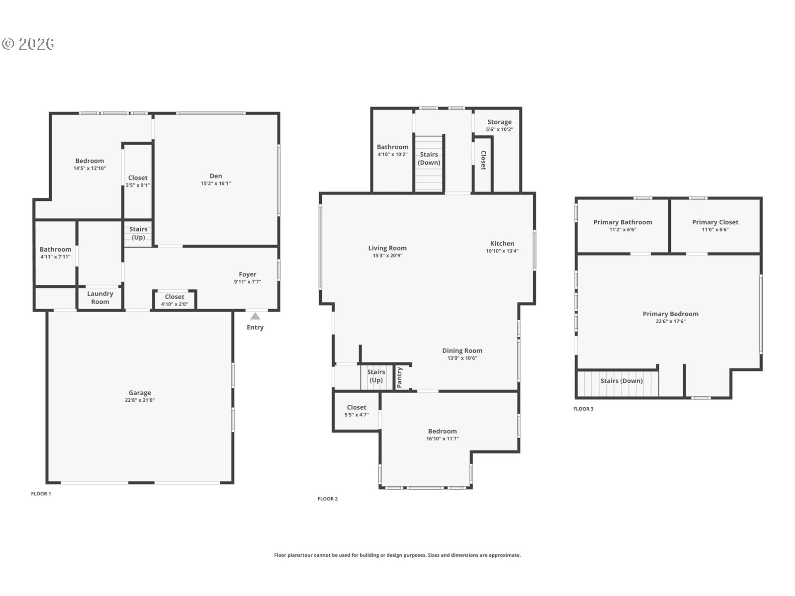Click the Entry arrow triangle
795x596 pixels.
click(x=255, y=316)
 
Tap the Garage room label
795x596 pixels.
click(x=140, y=393)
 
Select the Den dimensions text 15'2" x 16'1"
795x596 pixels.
click(x=216, y=183)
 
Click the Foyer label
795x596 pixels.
click(x=248, y=274)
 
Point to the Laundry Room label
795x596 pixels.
click(x=100, y=298)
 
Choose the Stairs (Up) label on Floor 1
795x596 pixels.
click(x=138, y=233)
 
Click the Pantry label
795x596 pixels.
click(x=400, y=377)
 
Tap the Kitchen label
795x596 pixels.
click(x=502, y=244)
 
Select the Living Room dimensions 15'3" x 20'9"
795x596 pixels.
click(x=388, y=256)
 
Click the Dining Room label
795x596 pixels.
click(x=462, y=351)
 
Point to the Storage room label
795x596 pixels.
click(x=499, y=122)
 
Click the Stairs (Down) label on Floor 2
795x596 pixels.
click(x=429, y=159)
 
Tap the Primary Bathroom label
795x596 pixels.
click(x=623, y=222)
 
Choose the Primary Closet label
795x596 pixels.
click(x=715, y=222)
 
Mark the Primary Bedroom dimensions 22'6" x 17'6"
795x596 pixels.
click(x=671, y=322)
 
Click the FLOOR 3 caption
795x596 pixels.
click(x=583, y=409)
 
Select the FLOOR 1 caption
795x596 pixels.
click(x=41, y=494)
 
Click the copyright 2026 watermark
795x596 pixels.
click(x=28, y=44)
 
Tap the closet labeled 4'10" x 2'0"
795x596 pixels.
click(x=174, y=300)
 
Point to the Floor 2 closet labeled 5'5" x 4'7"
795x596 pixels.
click(x=357, y=411)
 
